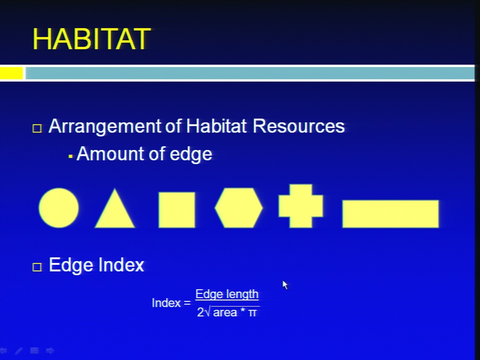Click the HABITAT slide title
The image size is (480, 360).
tap(91, 39)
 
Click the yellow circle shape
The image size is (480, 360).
tap(59, 208)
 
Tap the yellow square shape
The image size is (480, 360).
tap(176, 210)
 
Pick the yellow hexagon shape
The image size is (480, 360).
tap(239, 208)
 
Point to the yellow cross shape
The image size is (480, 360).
tap(300, 206)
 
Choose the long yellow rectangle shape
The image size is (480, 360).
tap(390, 214)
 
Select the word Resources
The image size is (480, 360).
tap(299, 126)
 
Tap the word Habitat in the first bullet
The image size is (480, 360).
tap(216, 126)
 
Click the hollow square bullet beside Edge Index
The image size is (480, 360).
tap(37, 267)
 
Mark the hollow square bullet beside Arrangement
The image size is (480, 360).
tap(37, 128)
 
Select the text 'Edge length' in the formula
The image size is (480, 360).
tap(227, 294)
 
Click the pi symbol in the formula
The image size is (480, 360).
tap(252, 313)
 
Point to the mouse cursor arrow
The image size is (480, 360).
tap(285, 285)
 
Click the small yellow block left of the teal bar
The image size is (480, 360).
tap(11, 73)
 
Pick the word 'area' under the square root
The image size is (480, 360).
tap(225, 313)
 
